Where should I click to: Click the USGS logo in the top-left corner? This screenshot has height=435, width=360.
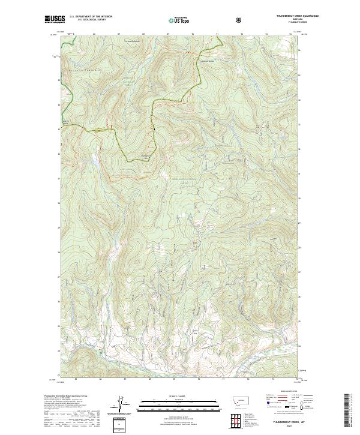coord(55,19)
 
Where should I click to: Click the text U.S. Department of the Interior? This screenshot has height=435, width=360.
coord(91,17)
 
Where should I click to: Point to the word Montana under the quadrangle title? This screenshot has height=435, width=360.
coord(281,20)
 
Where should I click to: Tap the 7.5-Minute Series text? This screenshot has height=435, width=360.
coord(281,23)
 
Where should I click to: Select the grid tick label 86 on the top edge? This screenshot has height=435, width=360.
coord(95,34)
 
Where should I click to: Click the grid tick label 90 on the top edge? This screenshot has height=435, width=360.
coord(191,34)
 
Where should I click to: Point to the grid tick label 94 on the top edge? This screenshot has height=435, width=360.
coord(290,34)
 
